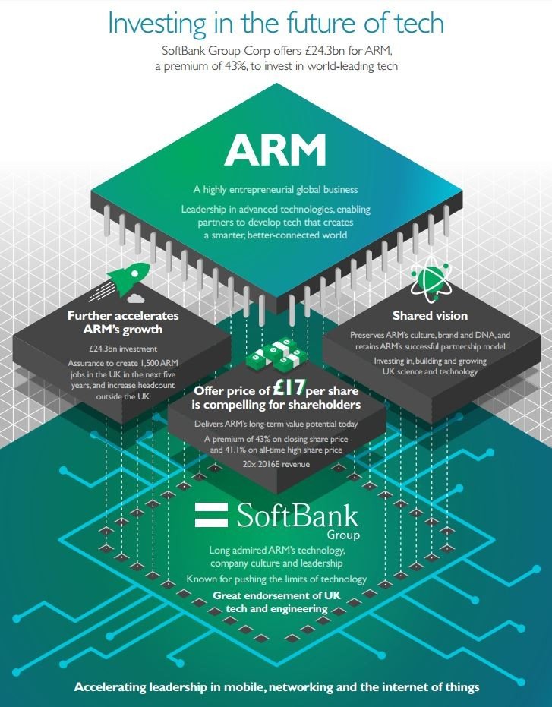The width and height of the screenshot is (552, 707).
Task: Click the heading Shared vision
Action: (x=430, y=315)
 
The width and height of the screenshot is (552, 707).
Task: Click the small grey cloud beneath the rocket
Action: (x=136, y=298)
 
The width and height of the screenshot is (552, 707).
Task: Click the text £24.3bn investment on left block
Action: (x=123, y=349)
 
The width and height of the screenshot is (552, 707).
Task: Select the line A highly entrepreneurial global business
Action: (x=275, y=189)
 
